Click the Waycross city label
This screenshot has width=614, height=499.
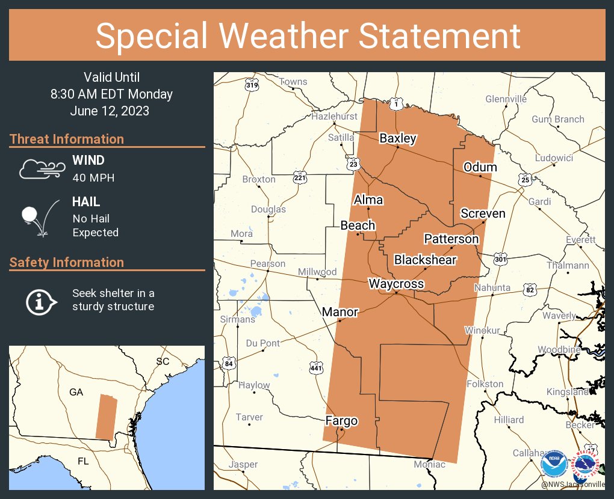pos(396,284)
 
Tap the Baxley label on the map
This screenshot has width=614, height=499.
pos(397,138)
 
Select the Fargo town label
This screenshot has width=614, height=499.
pos(341,420)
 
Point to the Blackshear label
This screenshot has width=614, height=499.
pos(425,260)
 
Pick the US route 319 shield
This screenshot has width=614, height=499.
pos(252,85)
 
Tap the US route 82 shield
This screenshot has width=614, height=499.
pos(530,289)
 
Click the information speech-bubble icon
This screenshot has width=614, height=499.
pos(40,301)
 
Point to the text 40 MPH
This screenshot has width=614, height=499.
pos(93,178)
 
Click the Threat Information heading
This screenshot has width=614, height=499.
pos(67,139)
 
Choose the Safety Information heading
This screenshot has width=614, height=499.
pos(67,262)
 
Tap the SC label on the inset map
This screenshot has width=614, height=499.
pos(163,361)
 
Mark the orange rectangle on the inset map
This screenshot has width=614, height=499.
pos(107,417)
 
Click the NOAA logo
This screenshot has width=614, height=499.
pos(553,464)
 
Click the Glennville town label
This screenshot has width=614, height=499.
pos(506,99)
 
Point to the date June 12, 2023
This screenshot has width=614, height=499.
pos(110,111)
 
